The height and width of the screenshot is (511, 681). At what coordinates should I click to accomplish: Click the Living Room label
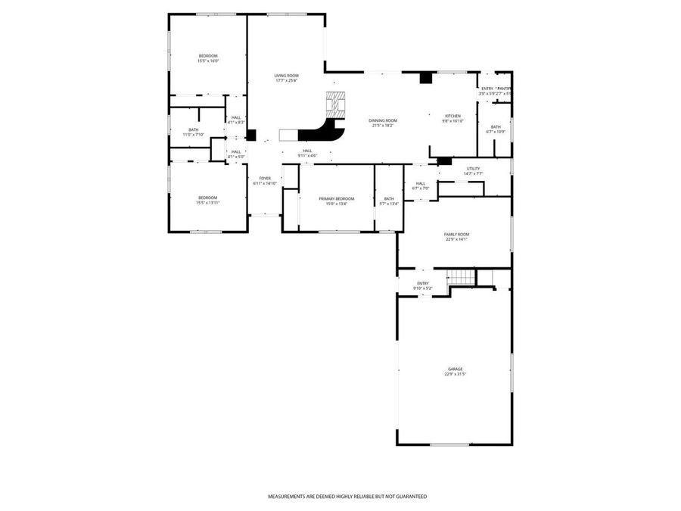click(286, 76)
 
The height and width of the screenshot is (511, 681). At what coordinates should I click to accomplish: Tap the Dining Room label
click(383, 120)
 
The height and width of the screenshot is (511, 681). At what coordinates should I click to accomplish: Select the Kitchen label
click(452, 116)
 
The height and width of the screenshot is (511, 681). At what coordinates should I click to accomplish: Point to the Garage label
click(454, 369)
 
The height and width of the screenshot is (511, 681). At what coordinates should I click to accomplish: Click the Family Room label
click(456, 235)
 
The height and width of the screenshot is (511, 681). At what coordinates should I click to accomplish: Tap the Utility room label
click(474, 169)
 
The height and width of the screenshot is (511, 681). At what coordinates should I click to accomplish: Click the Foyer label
click(265, 178)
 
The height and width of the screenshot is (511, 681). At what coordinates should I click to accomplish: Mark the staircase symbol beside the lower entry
click(461, 277)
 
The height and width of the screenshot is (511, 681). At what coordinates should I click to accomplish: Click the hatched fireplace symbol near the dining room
click(335, 102)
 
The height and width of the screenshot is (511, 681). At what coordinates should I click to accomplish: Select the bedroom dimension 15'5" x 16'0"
click(208, 61)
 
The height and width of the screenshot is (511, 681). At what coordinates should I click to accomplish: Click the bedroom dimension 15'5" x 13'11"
click(208, 203)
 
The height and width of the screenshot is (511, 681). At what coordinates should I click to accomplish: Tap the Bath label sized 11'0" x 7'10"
click(194, 129)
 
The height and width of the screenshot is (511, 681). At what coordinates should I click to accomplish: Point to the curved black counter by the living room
click(322, 133)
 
